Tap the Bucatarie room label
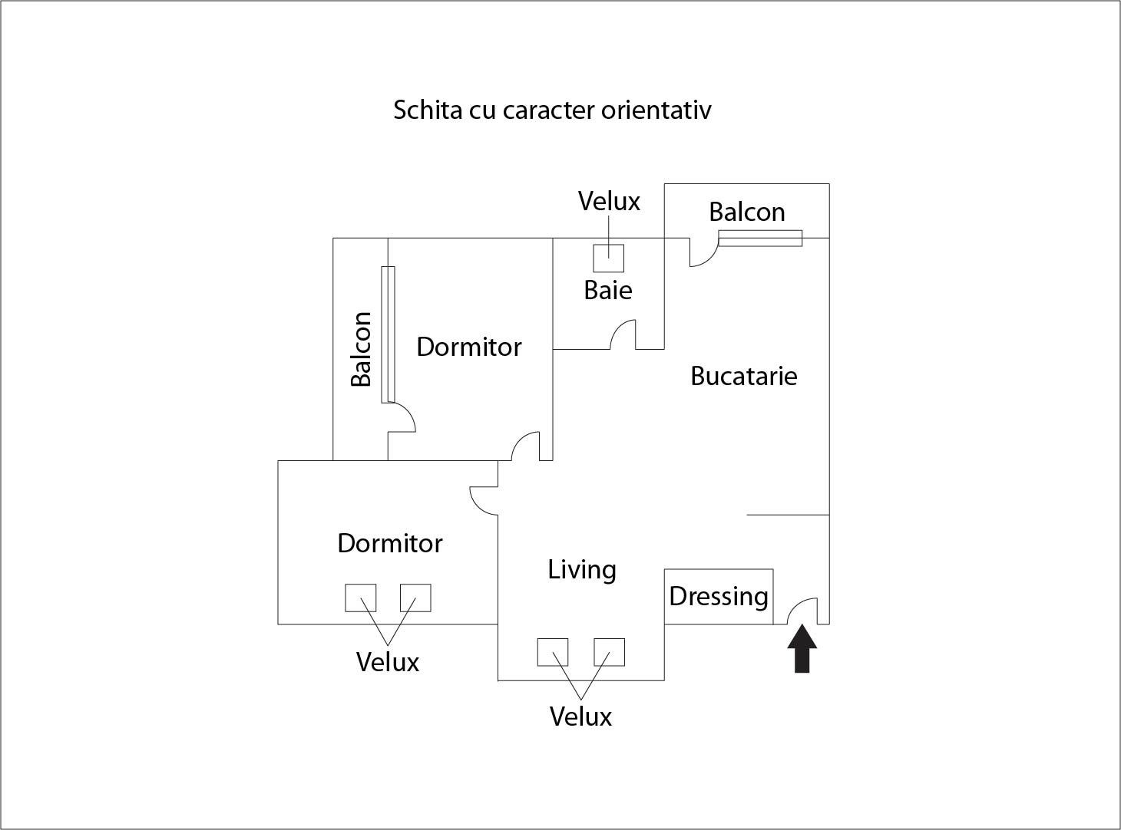743,376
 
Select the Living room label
582,570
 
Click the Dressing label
719,596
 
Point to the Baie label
608,290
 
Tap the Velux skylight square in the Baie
609,258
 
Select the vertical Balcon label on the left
361,349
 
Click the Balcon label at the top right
746,212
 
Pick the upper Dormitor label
469,347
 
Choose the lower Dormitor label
390,543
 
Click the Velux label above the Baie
609,201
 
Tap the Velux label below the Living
580,716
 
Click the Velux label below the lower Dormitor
388,662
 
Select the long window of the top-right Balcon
760,239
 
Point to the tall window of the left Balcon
388,334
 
